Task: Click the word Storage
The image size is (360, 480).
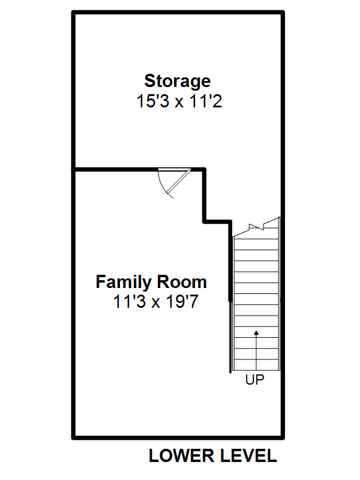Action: [177, 82]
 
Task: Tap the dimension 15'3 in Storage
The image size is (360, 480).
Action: [152, 101]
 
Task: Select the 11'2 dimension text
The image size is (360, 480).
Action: [205, 101]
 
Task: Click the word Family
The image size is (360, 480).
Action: [124, 282]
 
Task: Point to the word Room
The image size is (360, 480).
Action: [182, 281]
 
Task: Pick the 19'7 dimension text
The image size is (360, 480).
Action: [182, 301]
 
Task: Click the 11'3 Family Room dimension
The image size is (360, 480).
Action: [129, 301]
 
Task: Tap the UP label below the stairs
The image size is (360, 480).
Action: [254, 380]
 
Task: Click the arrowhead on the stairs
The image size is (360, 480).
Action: [257, 333]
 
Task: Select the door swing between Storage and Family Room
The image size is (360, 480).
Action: [175, 183]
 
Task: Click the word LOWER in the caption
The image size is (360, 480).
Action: [182, 455]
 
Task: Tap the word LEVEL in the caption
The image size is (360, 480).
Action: [248, 455]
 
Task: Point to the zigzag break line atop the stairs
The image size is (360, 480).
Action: [257, 227]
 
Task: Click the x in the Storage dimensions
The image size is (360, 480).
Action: [179, 103]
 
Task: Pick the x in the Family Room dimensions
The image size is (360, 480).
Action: [156, 303]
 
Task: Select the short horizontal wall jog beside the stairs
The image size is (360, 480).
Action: [217, 221]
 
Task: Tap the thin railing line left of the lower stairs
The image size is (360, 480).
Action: [230, 337]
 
